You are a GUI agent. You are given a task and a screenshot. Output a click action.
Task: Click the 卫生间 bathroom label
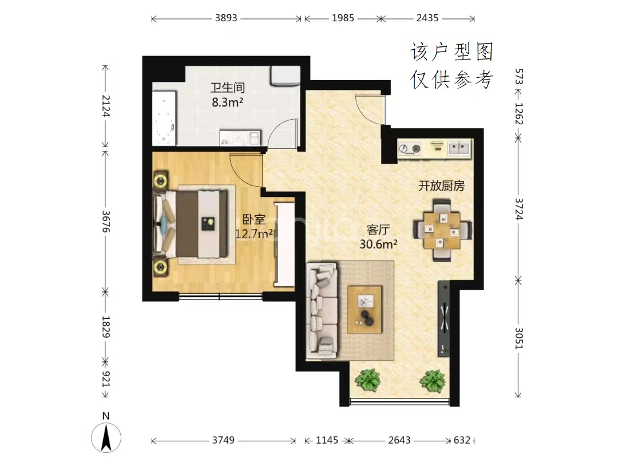point(227,87)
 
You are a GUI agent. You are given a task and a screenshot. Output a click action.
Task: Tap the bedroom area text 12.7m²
point(254,234)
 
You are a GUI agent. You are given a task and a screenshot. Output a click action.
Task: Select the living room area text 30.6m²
point(378,244)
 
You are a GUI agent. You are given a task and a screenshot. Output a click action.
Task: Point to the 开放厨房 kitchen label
point(441,185)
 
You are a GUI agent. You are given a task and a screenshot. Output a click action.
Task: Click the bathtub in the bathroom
point(164,119)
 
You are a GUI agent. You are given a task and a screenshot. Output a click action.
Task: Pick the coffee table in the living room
point(365,310)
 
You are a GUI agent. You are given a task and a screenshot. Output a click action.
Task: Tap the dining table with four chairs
point(442,231)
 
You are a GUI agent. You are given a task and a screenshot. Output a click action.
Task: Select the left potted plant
point(368,380)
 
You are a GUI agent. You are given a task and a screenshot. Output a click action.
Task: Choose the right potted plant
point(433,381)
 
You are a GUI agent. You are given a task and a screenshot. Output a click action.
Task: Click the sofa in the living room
point(322,311)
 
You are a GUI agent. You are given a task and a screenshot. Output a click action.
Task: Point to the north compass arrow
point(106,437)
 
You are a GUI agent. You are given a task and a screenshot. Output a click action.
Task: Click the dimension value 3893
point(226,18)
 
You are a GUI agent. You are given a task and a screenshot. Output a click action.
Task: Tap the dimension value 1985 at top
point(343,18)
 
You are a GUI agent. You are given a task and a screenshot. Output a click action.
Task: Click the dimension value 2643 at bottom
point(399,440)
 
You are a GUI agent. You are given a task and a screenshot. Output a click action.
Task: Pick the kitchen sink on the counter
point(459,148)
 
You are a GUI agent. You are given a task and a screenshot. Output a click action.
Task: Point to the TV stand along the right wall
point(444,318)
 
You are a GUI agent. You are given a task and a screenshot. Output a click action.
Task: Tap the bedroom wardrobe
point(284,244)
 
